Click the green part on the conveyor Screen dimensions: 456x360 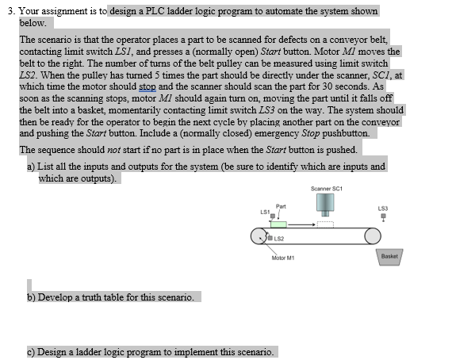point(278,224)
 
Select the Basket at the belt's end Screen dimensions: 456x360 point(389,257)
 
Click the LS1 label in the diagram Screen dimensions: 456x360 point(264,210)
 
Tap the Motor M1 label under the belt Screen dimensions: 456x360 point(284,257)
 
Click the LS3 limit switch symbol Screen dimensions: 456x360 point(385,218)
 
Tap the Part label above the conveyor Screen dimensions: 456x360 point(282,205)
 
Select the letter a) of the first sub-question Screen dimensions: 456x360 point(31,167)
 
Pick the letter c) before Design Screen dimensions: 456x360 point(31,351)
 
